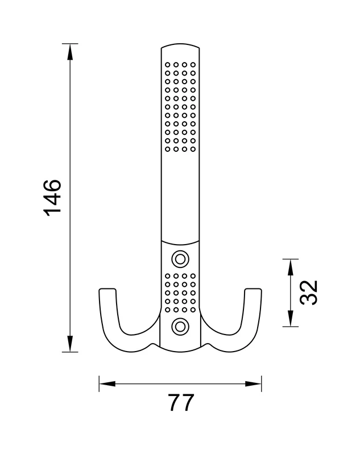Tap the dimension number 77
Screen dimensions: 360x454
click(x=181, y=402)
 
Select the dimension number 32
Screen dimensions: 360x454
click(x=308, y=293)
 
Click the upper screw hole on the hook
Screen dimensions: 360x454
click(x=180, y=259)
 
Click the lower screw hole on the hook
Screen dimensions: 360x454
click(x=180, y=327)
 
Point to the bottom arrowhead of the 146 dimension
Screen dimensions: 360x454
click(x=70, y=344)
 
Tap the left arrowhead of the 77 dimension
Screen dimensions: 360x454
click(x=107, y=384)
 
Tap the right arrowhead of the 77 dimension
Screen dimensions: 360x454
click(x=254, y=384)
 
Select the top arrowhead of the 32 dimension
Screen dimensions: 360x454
click(x=291, y=267)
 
